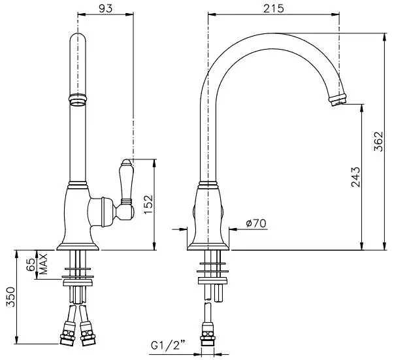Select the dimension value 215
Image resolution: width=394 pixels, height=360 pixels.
[x=272, y=8]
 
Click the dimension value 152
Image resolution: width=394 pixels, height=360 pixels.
[x=148, y=204]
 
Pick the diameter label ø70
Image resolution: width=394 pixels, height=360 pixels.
[x=256, y=223]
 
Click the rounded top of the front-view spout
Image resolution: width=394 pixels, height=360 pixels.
[x=77, y=41]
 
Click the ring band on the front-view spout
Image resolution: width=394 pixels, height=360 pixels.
[x=77, y=101]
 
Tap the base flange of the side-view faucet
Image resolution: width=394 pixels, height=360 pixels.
[x=208, y=246]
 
